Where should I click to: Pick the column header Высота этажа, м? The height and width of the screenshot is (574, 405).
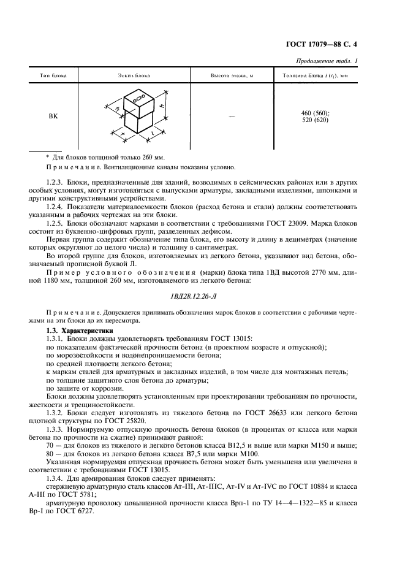click(232, 75)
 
